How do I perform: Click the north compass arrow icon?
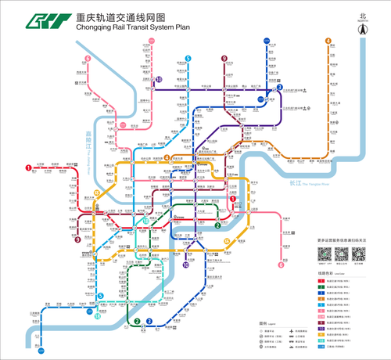pyautogui.click(x=362, y=27)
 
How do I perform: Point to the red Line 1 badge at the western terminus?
pyautogui.click(x=28, y=167)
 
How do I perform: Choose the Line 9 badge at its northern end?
pyautogui.click(x=224, y=59)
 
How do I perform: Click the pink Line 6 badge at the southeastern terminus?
pyautogui.click(x=281, y=265)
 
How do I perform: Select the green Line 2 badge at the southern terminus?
pyautogui.click(x=137, y=321)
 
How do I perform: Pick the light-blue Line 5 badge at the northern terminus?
pyautogui.click(x=188, y=59)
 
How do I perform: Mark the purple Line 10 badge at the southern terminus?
pyautogui.click(x=185, y=265)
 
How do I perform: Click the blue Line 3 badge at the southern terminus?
pyautogui.click(x=149, y=321)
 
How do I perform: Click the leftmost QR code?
pyautogui.click(x=325, y=254)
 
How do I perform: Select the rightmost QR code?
pyautogui.click(x=359, y=254)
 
